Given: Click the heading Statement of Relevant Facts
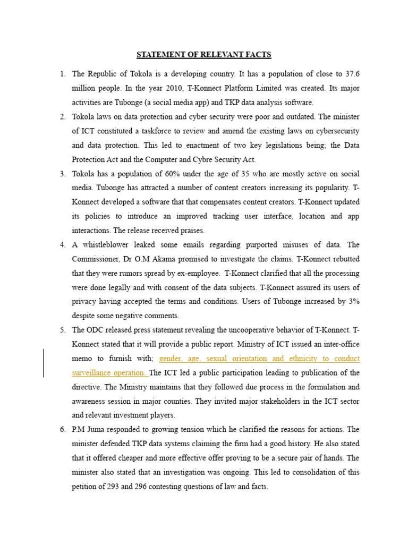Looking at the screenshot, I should tap(204, 54).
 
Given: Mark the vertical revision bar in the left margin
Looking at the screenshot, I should tap(44, 363).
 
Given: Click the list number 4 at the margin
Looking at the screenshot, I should tap(62, 245).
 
